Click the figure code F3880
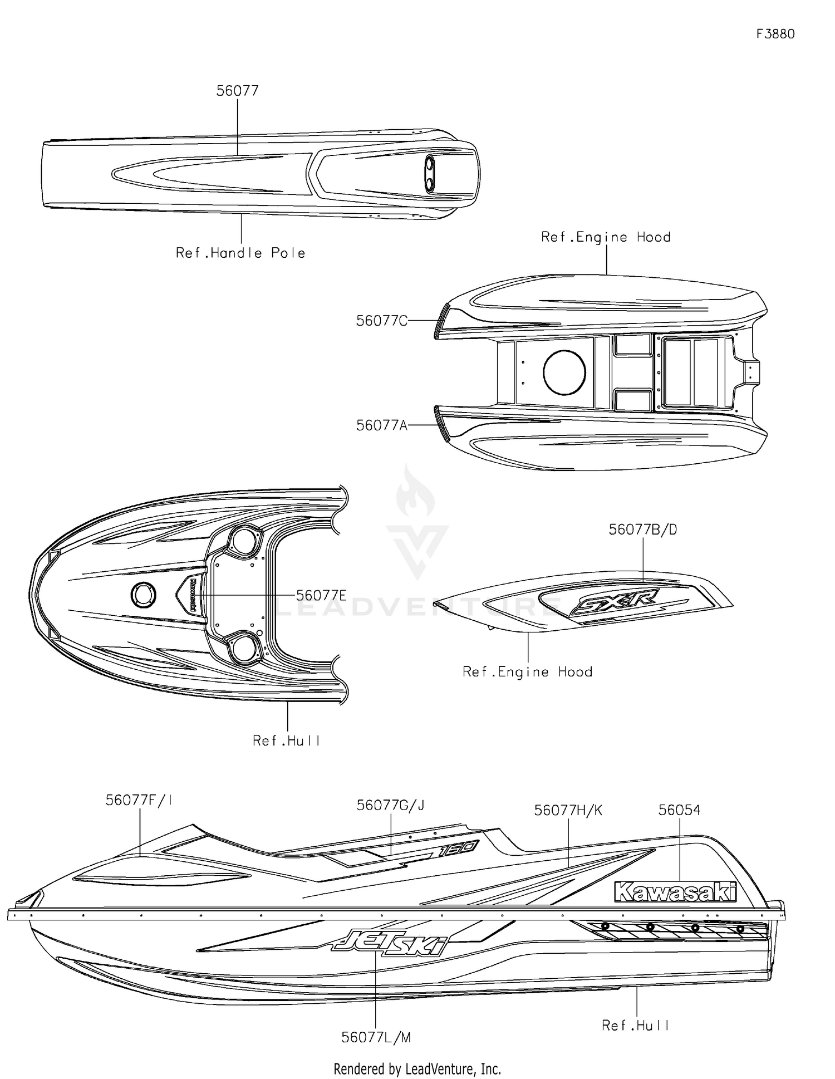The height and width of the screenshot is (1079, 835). [x=775, y=34]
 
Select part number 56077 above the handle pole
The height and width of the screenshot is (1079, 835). [x=238, y=91]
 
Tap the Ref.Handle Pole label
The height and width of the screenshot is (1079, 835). [x=240, y=253]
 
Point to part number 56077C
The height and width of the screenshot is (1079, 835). [x=382, y=321]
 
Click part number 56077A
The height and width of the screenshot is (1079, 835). [x=382, y=425]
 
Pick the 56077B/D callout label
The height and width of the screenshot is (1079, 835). [x=643, y=529]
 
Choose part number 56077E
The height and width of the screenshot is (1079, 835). [x=321, y=595]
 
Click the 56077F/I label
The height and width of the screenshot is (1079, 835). [x=139, y=800]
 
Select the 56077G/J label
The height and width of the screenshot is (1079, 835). [x=390, y=805]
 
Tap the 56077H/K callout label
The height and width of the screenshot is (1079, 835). [x=568, y=810]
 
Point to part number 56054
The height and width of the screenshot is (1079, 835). [x=679, y=810]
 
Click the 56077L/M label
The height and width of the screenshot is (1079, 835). [x=376, y=1037]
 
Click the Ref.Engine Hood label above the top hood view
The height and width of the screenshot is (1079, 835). [x=606, y=237]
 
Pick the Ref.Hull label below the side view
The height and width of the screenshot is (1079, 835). [x=635, y=1025]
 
